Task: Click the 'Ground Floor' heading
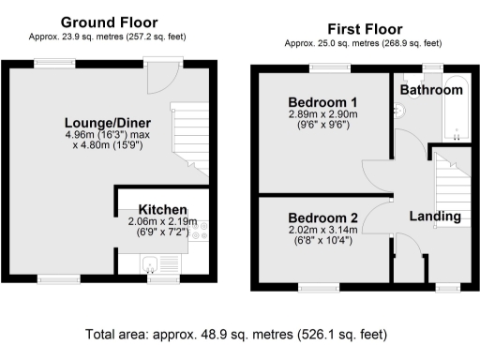[x=109, y=22]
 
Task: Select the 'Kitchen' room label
[x=162, y=209]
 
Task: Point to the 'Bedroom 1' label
[x=323, y=101]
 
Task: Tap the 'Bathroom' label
[x=431, y=90]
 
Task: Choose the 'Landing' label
[x=435, y=217]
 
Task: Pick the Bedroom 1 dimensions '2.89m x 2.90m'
[x=323, y=114]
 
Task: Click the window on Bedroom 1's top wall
[x=325, y=66]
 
